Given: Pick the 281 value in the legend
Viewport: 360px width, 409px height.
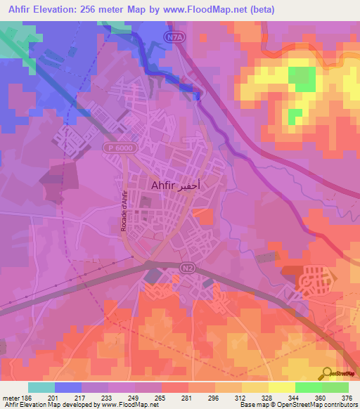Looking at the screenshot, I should coord(186,398).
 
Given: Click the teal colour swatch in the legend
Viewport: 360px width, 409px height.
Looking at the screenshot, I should coord(41,387).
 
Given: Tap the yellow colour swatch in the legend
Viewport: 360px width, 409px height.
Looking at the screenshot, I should coord(281,387).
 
